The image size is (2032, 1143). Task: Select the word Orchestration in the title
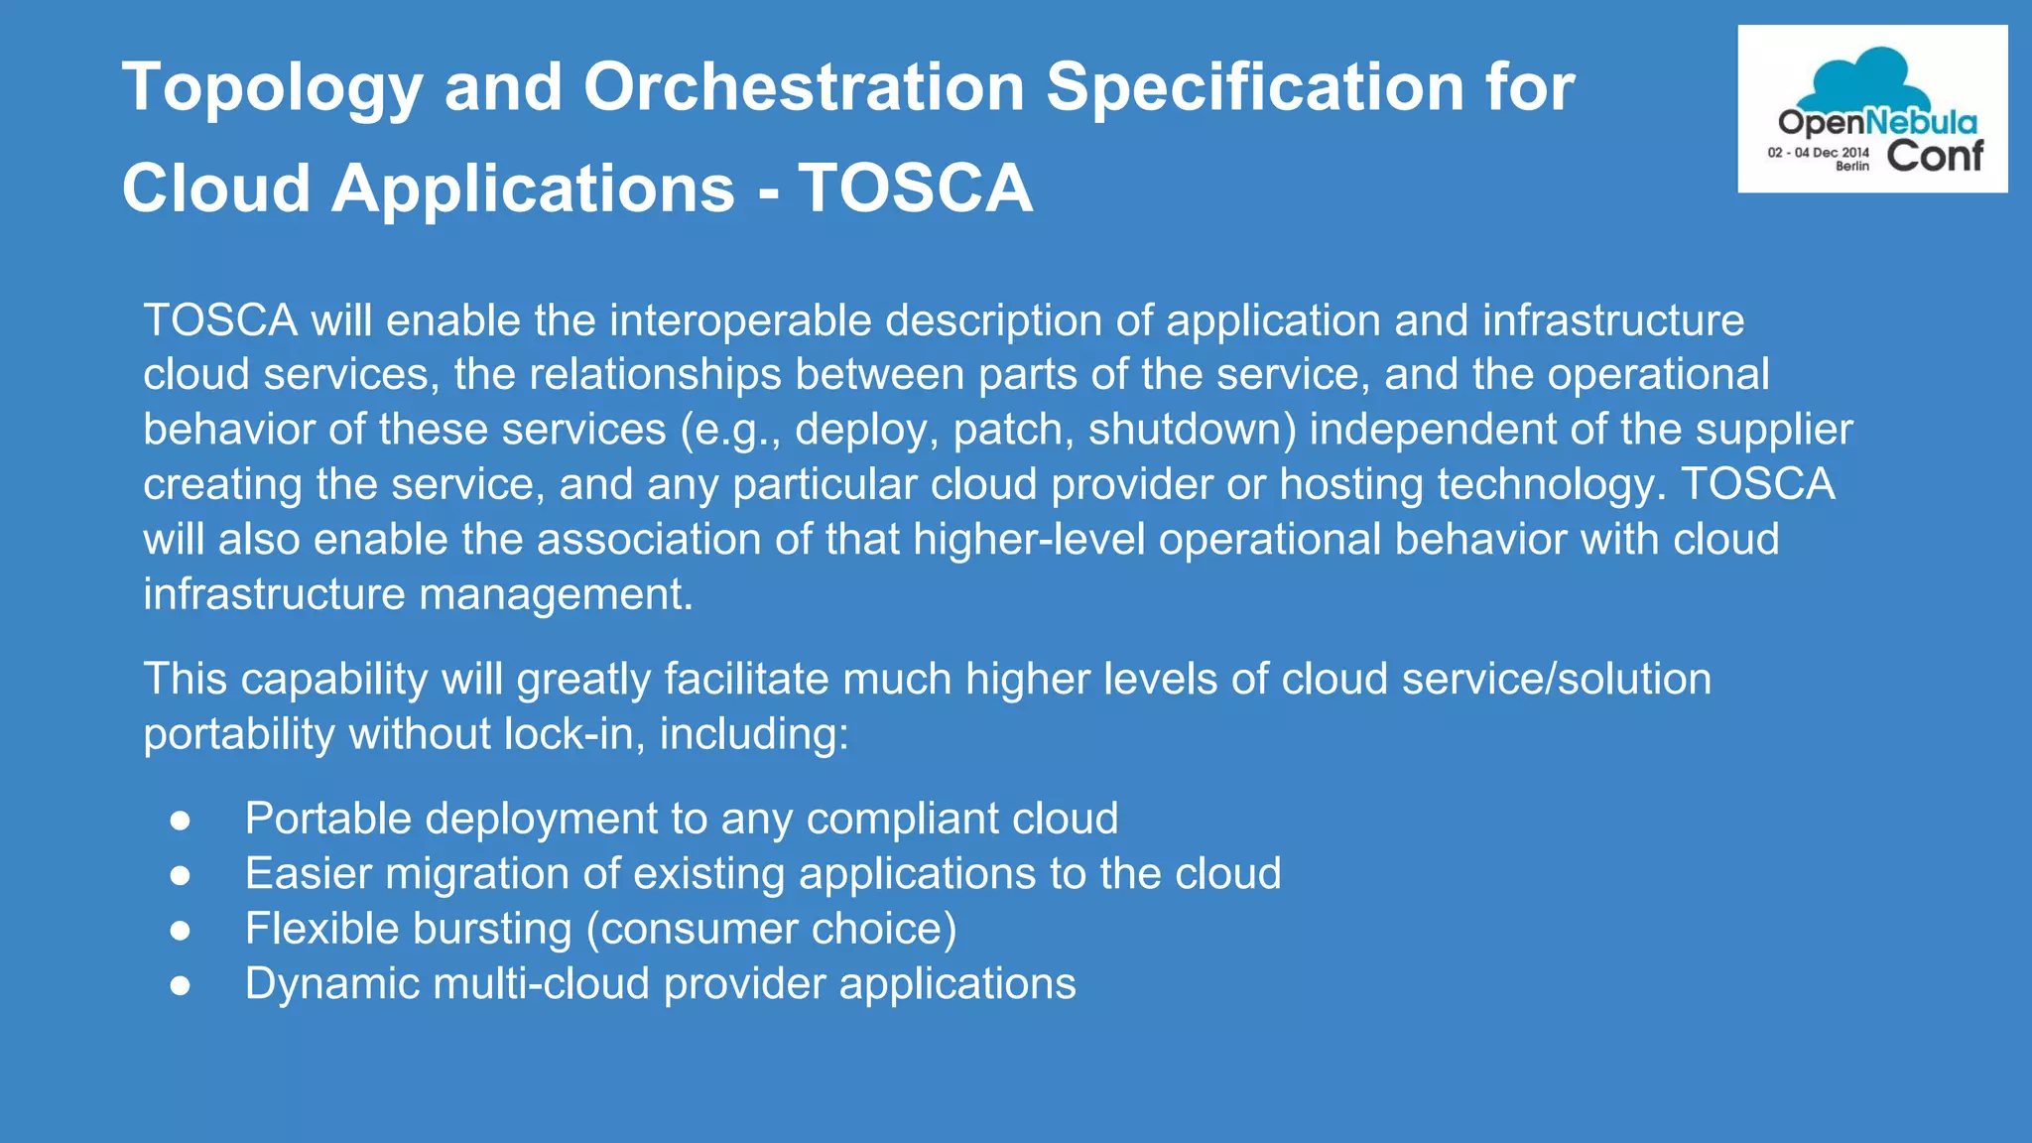point(805,87)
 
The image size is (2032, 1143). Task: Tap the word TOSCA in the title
point(916,189)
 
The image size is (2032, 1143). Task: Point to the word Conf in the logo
point(1934,156)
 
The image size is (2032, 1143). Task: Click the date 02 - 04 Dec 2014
point(1818,153)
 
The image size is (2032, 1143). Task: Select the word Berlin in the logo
point(1851,167)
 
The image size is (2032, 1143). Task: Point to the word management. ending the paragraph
point(556,594)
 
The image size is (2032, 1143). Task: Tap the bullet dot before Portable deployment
point(180,820)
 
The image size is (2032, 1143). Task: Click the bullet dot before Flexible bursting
point(180,930)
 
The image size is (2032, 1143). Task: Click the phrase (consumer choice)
point(771,930)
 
